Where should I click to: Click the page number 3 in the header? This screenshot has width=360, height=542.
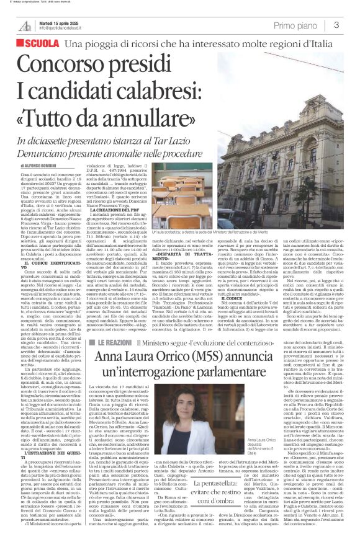coord(336,25)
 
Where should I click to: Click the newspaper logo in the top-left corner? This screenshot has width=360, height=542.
coord(25,25)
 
